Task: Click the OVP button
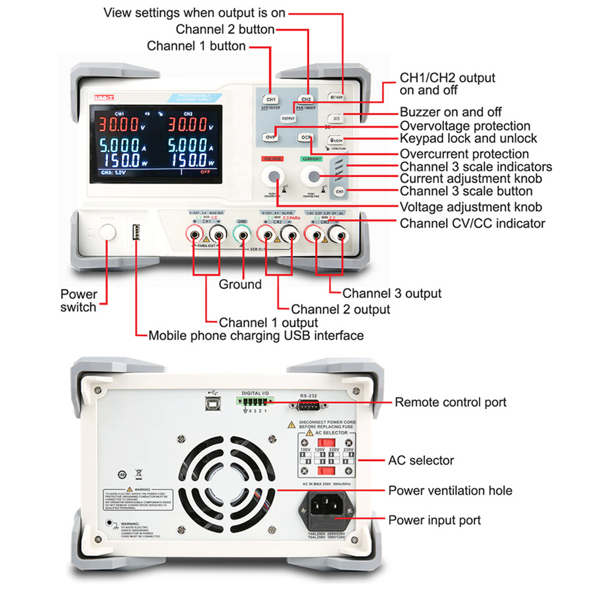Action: tap(271, 137)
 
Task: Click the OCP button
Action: tap(305, 137)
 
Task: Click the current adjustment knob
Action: tap(311, 176)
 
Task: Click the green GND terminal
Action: tap(243, 234)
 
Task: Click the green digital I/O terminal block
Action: tap(256, 402)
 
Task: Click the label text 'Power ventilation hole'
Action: tap(450, 490)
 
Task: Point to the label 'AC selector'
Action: tap(421, 460)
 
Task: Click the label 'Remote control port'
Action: tap(451, 402)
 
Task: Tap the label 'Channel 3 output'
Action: tap(392, 293)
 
